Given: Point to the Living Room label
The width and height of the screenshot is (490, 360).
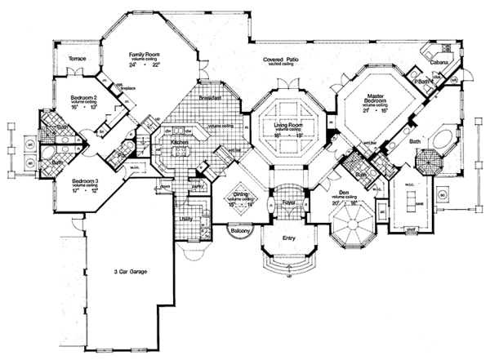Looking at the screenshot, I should (x=288, y=125).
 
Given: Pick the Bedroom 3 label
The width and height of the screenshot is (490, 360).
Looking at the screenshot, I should (x=85, y=180).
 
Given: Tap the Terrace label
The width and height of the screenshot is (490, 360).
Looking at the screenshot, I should (x=77, y=59).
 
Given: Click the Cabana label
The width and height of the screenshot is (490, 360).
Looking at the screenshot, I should (x=441, y=60).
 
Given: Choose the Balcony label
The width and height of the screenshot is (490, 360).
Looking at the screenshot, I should (x=238, y=232).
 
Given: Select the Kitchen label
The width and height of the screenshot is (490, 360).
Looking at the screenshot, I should (x=180, y=142).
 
